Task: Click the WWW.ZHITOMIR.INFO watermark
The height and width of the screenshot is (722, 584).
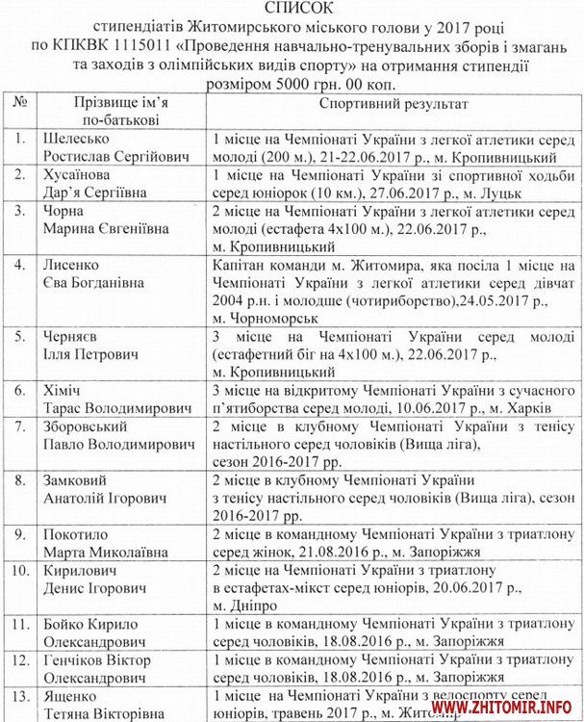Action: (506, 709)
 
